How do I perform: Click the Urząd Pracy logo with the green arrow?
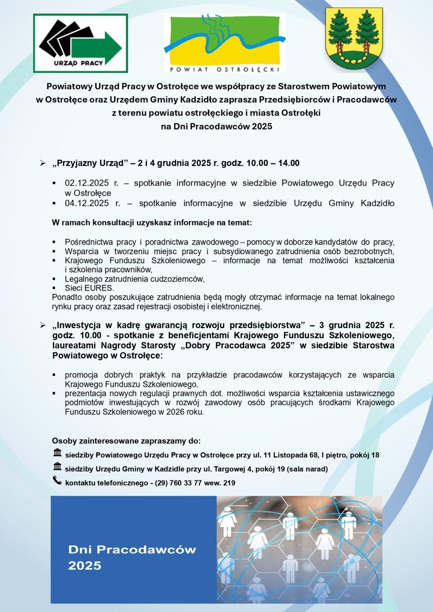(80, 43)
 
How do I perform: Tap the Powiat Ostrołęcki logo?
(224, 43)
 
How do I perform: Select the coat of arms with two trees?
(354, 39)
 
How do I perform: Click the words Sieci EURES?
(89, 288)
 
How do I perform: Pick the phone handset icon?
(57, 480)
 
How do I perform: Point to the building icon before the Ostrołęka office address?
(57, 453)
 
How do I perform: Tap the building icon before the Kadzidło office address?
(57, 467)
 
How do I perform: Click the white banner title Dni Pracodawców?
(132, 550)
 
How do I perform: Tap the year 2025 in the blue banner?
(85, 565)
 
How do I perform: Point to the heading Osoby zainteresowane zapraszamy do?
(126, 441)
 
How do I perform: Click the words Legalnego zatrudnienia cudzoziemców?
(134, 279)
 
